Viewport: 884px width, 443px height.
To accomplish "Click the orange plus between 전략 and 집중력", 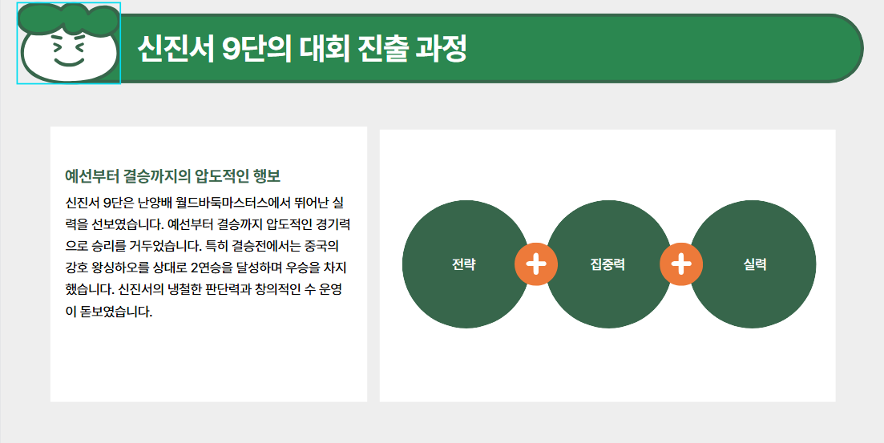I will point(536,265).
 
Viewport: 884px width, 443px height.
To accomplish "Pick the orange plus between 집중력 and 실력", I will point(681,265).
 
